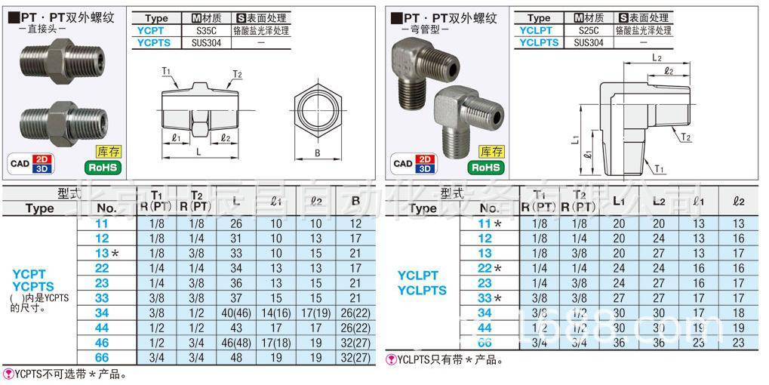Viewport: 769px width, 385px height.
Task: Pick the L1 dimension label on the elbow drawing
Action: tap(574, 140)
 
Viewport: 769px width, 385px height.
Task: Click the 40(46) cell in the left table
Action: tap(236, 312)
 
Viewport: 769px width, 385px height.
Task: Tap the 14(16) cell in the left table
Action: tap(275, 312)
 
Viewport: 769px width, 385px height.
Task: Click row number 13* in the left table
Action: tap(106, 253)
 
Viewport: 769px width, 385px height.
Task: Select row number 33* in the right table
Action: tap(489, 297)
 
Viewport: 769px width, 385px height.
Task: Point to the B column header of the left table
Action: tap(355, 202)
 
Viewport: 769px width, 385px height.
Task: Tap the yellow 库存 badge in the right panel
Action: tap(492, 152)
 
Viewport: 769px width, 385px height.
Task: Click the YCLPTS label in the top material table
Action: tap(539, 43)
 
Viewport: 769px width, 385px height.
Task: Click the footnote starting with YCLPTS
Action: tap(444, 360)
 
